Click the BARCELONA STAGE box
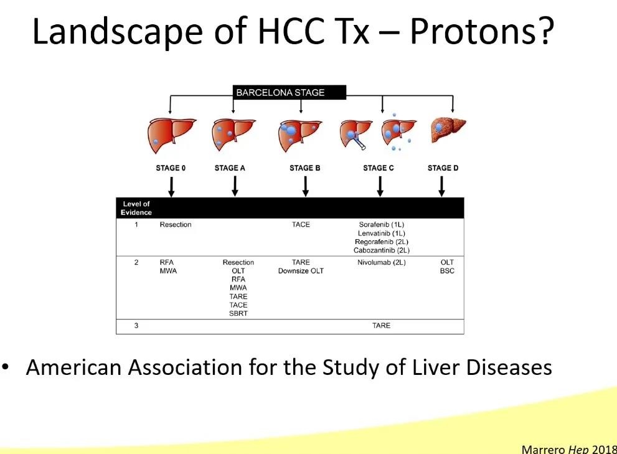[x=290, y=93]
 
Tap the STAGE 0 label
[x=171, y=168]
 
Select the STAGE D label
[x=443, y=168]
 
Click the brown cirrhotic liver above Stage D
[x=448, y=129]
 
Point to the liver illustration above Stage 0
[x=171, y=135]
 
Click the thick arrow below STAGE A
[x=235, y=186]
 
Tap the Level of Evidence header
[x=136, y=208]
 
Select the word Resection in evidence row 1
[x=176, y=224]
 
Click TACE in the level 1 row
[x=301, y=224]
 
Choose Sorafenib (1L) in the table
[x=381, y=224]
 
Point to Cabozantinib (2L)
[x=381, y=250]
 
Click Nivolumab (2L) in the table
[x=381, y=262]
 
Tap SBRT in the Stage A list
[x=238, y=313]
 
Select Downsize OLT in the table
[x=301, y=271]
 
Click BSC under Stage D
[x=447, y=271]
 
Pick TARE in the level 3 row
[x=381, y=326]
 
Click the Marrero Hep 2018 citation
[x=569, y=449]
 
